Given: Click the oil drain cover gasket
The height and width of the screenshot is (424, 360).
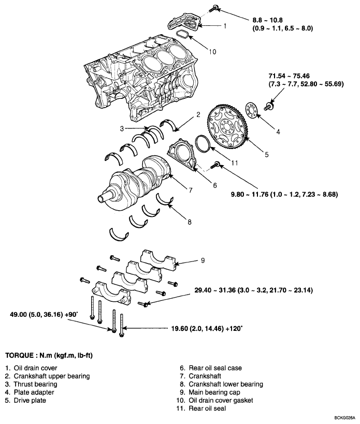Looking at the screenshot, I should (182, 35).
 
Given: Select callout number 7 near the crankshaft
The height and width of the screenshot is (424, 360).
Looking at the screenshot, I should (190, 191).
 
